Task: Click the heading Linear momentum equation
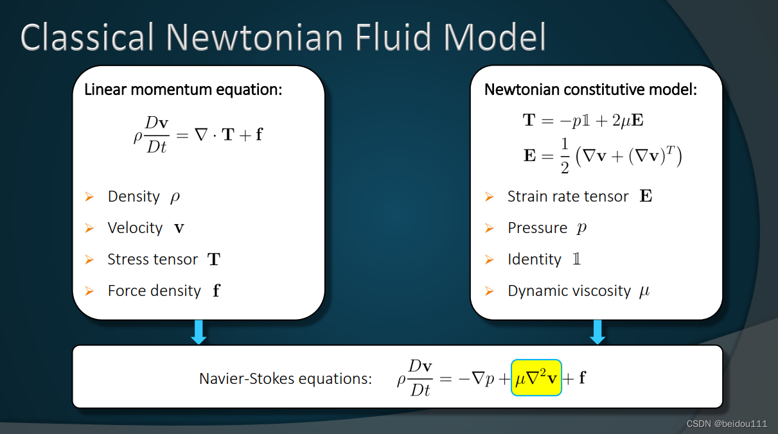pyautogui.click(x=183, y=89)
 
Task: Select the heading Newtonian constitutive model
pyautogui.click(x=590, y=89)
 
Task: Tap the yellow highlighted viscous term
pyautogui.click(x=536, y=378)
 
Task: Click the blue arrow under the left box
pyautogui.click(x=199, y=332)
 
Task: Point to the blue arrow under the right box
pyautogui.click(x=598, y=332)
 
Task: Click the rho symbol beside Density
pyautogui.click(x=175, y=197)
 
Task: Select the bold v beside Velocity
pyautogui.click(x=179, y=229)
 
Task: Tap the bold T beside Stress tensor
pyautogui.click(x=214, y=260)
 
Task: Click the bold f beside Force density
pyautogui.click(x=216, y=291)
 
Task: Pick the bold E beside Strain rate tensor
pyautogui.click(x=646, y=196)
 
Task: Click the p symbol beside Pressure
pyautogui.click(x=581, y=229)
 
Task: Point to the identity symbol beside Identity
pyautogui.click(x=576, y=259)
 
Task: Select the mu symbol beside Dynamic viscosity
pyautogui.click(x=644, y=291)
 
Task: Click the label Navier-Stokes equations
pyautogui.click(x=285, y=378)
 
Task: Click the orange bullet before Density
pyautogui.click(x=89, y=196)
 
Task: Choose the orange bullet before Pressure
pyautogui.click(x=489, y=228)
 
